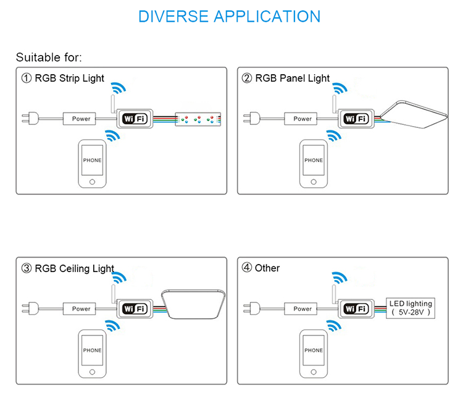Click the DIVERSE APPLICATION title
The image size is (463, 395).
click(x=230, y=16)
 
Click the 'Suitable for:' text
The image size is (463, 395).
click(x=49, y=57)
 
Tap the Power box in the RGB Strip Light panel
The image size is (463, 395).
click(x=81, y=119)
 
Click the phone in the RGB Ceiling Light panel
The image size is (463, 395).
click(x=92, y=354)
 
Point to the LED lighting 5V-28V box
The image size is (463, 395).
click(x=411, y=308)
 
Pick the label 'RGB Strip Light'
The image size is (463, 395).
click(x=69, y=79)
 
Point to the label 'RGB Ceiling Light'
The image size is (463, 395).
click(x=74, y=268)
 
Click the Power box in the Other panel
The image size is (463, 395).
click(x=302, y=308)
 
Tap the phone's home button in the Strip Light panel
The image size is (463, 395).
click(x=93, y=182)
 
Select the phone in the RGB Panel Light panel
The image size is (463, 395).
click(x=314, y=164)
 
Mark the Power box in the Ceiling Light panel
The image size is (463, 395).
click(x=81, y=308)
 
